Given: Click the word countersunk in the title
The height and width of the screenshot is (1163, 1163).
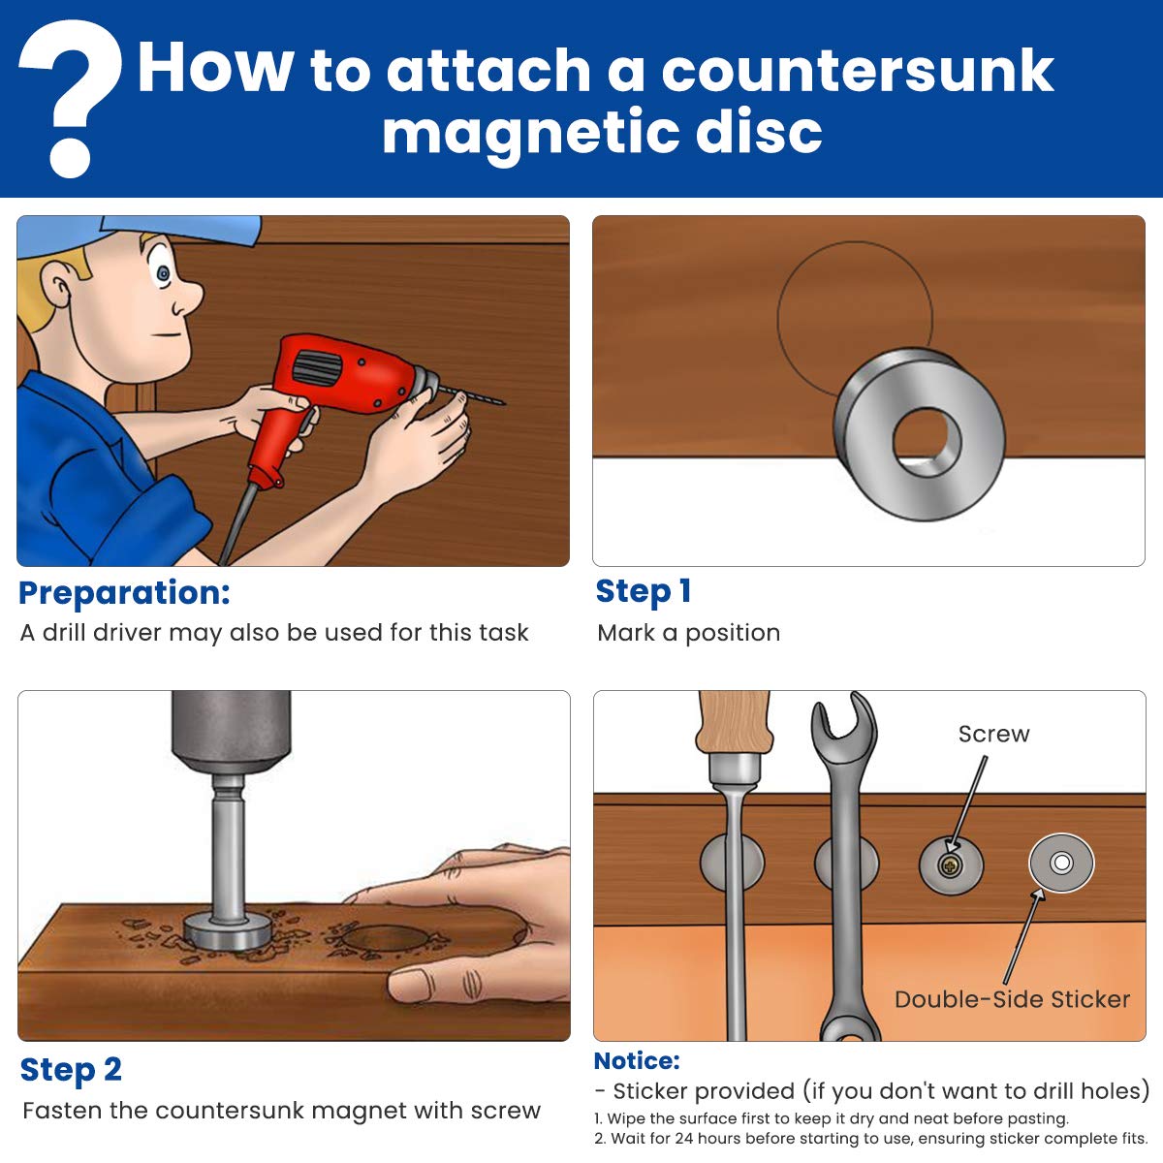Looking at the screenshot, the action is [858, 71].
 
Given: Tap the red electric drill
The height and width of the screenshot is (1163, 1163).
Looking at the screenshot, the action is [338, 393].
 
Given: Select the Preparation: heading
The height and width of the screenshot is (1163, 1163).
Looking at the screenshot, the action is [124, 593].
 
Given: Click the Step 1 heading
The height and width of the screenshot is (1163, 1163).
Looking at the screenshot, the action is [643, 591].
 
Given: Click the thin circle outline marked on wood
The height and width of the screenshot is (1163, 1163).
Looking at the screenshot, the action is [777, 319].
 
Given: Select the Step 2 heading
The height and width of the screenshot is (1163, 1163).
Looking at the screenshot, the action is [71, 1069].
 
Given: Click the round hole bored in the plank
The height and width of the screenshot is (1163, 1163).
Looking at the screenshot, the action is [387, 938].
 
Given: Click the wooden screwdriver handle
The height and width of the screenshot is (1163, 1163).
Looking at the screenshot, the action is [735, 722].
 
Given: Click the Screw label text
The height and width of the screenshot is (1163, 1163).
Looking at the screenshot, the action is [993, 734].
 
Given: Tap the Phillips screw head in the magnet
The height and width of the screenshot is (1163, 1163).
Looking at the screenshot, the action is [950, 867].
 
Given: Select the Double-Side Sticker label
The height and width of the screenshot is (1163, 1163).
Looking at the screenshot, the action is [1012, 999].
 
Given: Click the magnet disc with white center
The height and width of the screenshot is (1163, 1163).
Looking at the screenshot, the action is [1061, 863].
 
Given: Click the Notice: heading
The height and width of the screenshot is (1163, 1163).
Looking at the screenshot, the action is [637, 1061].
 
